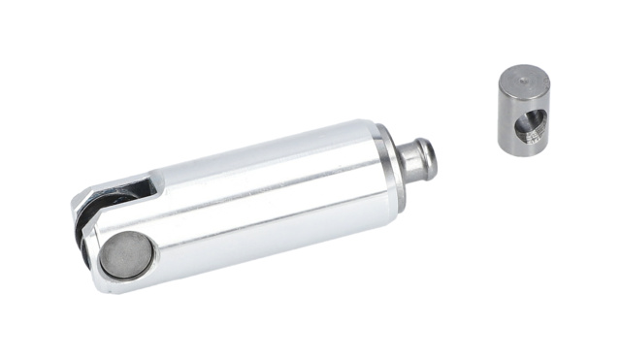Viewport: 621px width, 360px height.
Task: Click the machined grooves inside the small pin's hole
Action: click(x=537, y=127)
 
